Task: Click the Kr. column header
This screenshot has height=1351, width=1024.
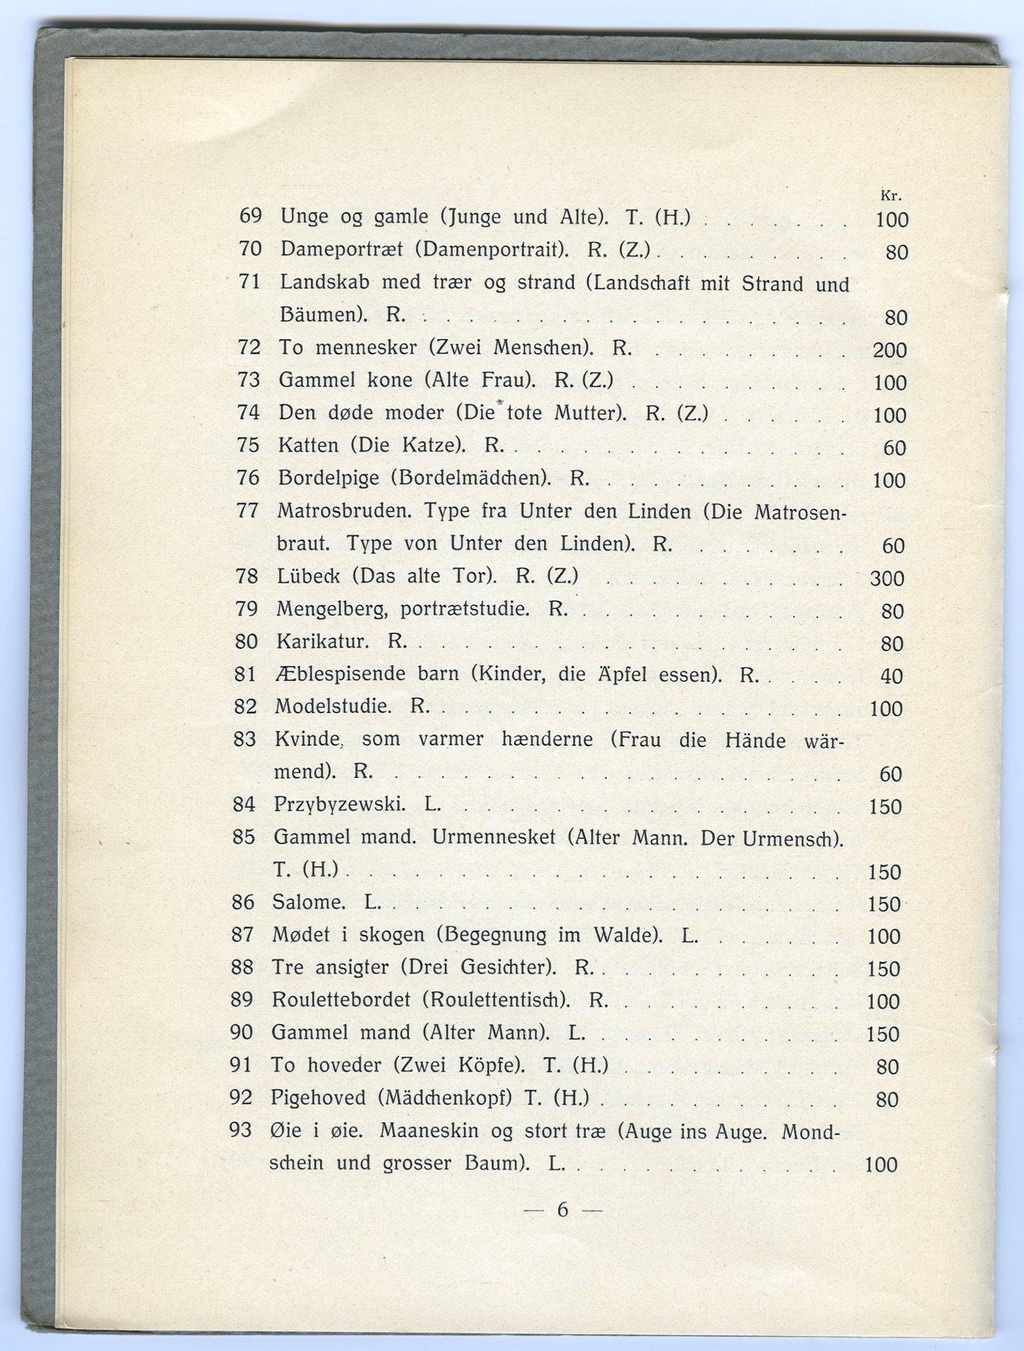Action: click(890, 195)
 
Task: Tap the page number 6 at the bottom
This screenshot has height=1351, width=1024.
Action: click(563, 1210)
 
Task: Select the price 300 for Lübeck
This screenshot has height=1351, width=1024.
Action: click(887, 578)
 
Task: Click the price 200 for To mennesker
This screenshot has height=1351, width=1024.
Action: click(890, 350)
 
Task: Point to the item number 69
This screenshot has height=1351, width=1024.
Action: click(250, 215)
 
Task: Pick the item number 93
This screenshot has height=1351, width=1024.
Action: click(241, 1129)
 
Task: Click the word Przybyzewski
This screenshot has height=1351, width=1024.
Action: click(339, 805)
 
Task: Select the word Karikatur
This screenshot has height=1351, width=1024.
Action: click(322, 642)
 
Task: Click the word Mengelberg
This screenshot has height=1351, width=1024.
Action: click(333, 609)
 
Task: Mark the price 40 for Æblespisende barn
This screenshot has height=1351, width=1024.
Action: click(892, 676)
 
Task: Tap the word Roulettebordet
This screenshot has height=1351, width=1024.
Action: click(341, 1000)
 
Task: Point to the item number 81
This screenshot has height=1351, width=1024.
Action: click(245, 674)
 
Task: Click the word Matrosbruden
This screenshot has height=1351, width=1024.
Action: click(345, 511)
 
